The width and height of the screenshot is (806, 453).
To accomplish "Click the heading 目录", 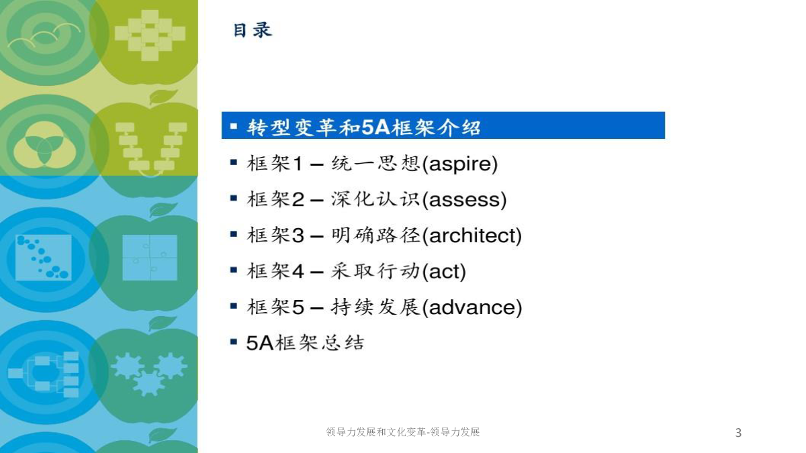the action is tap(253, 30).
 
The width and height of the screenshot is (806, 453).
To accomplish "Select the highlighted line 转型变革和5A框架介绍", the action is tap(363, 127).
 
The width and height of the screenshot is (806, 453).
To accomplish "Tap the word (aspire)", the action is tap(460, 164).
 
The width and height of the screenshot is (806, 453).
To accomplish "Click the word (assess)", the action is tap(464, 199).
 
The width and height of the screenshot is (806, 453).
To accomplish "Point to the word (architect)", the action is tap(472, 236).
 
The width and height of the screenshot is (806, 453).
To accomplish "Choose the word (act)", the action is tap(444, 271).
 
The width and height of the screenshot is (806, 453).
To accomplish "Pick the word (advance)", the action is tap(472, 307).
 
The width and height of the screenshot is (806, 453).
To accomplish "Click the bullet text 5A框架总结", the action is tap(305, 343).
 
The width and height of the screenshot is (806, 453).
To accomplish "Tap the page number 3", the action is tap(738, 432).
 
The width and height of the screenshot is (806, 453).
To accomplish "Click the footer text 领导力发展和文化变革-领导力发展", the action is tap(402, 432).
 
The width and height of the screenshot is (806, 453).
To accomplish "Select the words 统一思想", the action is tap(375, 164).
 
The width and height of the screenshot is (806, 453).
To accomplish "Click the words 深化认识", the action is tap(375, 199).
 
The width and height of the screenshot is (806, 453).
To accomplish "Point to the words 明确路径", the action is tap(375, 235).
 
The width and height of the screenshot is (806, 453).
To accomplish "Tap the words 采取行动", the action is tap(375, 271).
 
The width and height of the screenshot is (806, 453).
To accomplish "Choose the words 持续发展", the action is tap(375, 307).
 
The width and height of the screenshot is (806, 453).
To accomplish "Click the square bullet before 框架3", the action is tap(234, 234).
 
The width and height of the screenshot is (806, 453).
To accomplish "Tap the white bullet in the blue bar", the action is tap(234, 126).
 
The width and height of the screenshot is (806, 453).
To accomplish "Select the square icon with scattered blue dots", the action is tap(43, 258).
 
